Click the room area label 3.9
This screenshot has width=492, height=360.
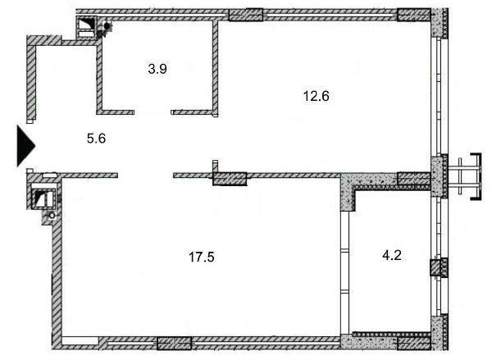tap(157, 69)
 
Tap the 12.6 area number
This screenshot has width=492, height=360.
tap(317, 96)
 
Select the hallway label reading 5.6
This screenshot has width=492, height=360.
tap(96, 139)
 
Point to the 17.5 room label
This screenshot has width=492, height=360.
tap(202, 257)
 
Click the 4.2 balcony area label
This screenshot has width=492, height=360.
tap(392, 256)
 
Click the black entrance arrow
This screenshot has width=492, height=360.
tap(25, 146)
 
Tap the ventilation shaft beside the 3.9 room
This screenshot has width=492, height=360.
tap(86, 28)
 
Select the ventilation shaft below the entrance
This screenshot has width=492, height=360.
tap(44, 199)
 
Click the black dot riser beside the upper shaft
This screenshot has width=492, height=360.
tap(107, 25)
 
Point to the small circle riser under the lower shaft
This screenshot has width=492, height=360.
tap(52, 216)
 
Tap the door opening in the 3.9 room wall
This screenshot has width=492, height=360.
tap(153, 112)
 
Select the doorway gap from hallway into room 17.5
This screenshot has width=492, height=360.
tap(146, 175)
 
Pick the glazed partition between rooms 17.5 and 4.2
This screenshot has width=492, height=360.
tap(345, 272)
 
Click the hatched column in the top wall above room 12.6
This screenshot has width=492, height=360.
tap(246, 15)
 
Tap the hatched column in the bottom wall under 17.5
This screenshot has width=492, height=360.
tap(174, 344)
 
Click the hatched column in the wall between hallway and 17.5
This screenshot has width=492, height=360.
tap(230, 179)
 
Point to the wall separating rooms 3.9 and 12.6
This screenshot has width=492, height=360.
tap(215, 67)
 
